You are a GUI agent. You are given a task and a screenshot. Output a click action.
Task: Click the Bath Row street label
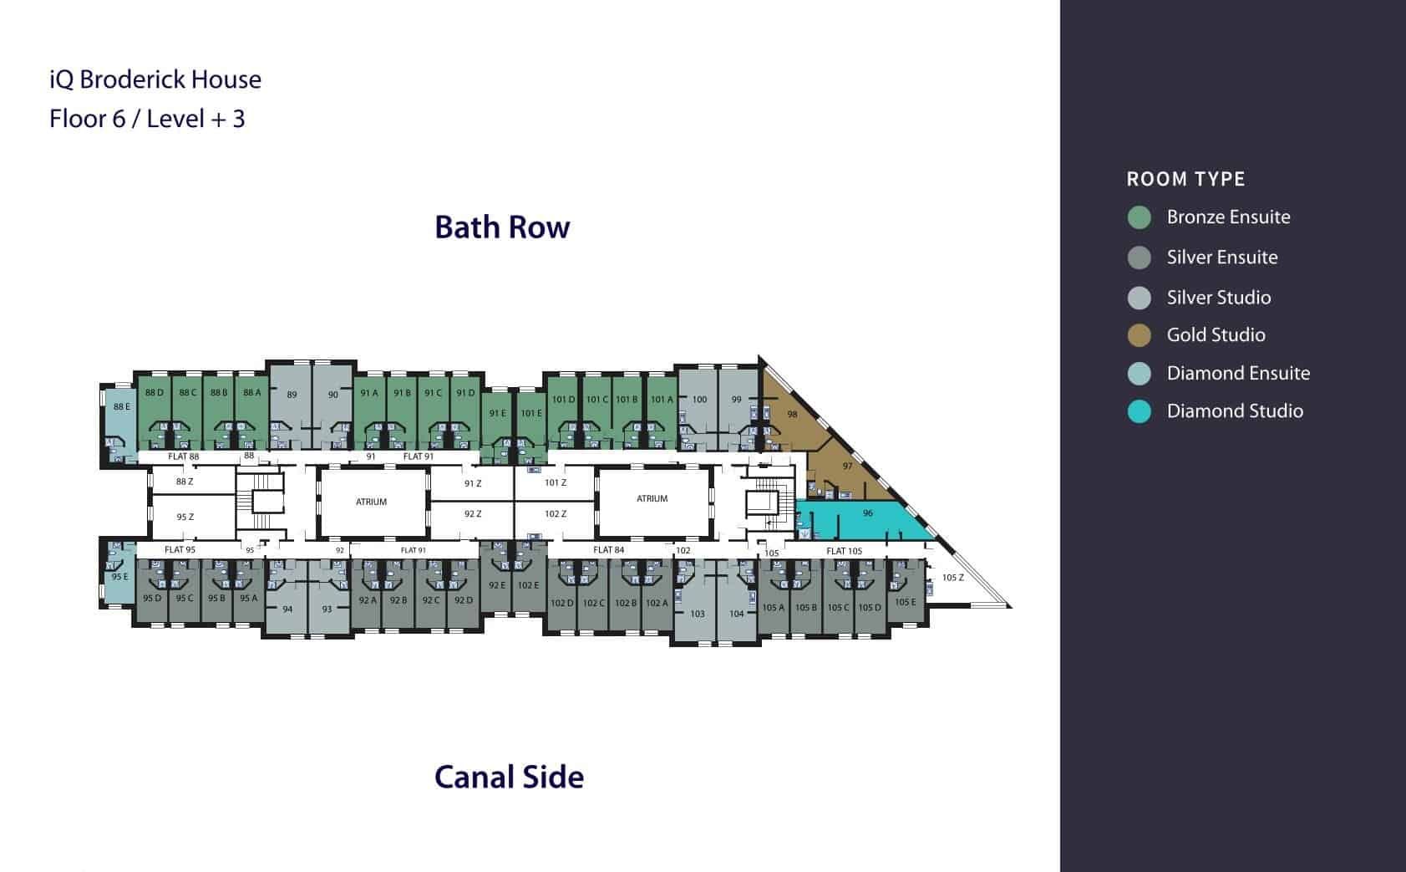point(502,227)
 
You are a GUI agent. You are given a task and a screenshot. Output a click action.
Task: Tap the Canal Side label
point(509,777)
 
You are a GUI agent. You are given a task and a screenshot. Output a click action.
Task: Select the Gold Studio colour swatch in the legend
point(1140,335)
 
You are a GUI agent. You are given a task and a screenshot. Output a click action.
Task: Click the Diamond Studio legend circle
point(1140,411)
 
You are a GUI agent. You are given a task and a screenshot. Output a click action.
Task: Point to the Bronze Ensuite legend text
point(1228,217)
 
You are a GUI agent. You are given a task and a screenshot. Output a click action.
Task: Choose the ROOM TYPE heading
point(1185,179)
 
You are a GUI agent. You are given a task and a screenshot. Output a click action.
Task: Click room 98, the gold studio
point(792,414)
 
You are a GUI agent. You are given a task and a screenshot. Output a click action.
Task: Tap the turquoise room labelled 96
point(867,513)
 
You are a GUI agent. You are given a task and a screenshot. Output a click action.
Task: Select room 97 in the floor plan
point(847,466)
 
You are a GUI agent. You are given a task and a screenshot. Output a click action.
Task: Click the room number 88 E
point(122,407)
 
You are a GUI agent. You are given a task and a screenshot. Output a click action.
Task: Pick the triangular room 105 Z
point(952,578)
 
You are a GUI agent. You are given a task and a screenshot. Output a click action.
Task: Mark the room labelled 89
point(292,395)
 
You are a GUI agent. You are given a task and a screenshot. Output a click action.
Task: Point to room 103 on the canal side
point(698,614)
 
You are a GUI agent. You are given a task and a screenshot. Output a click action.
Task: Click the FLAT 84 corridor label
point(608,550)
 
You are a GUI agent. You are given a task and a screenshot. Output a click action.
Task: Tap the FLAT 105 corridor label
point(844,551)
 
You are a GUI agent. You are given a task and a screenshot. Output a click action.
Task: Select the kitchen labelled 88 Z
point(185,482)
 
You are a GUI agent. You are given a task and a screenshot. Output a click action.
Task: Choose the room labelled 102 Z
point(556,513)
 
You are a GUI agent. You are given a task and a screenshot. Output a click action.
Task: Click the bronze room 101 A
point(661,400)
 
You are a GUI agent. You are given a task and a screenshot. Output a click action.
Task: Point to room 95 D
point(151,599)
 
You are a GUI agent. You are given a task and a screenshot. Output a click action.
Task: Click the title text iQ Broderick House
point(155,79)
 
